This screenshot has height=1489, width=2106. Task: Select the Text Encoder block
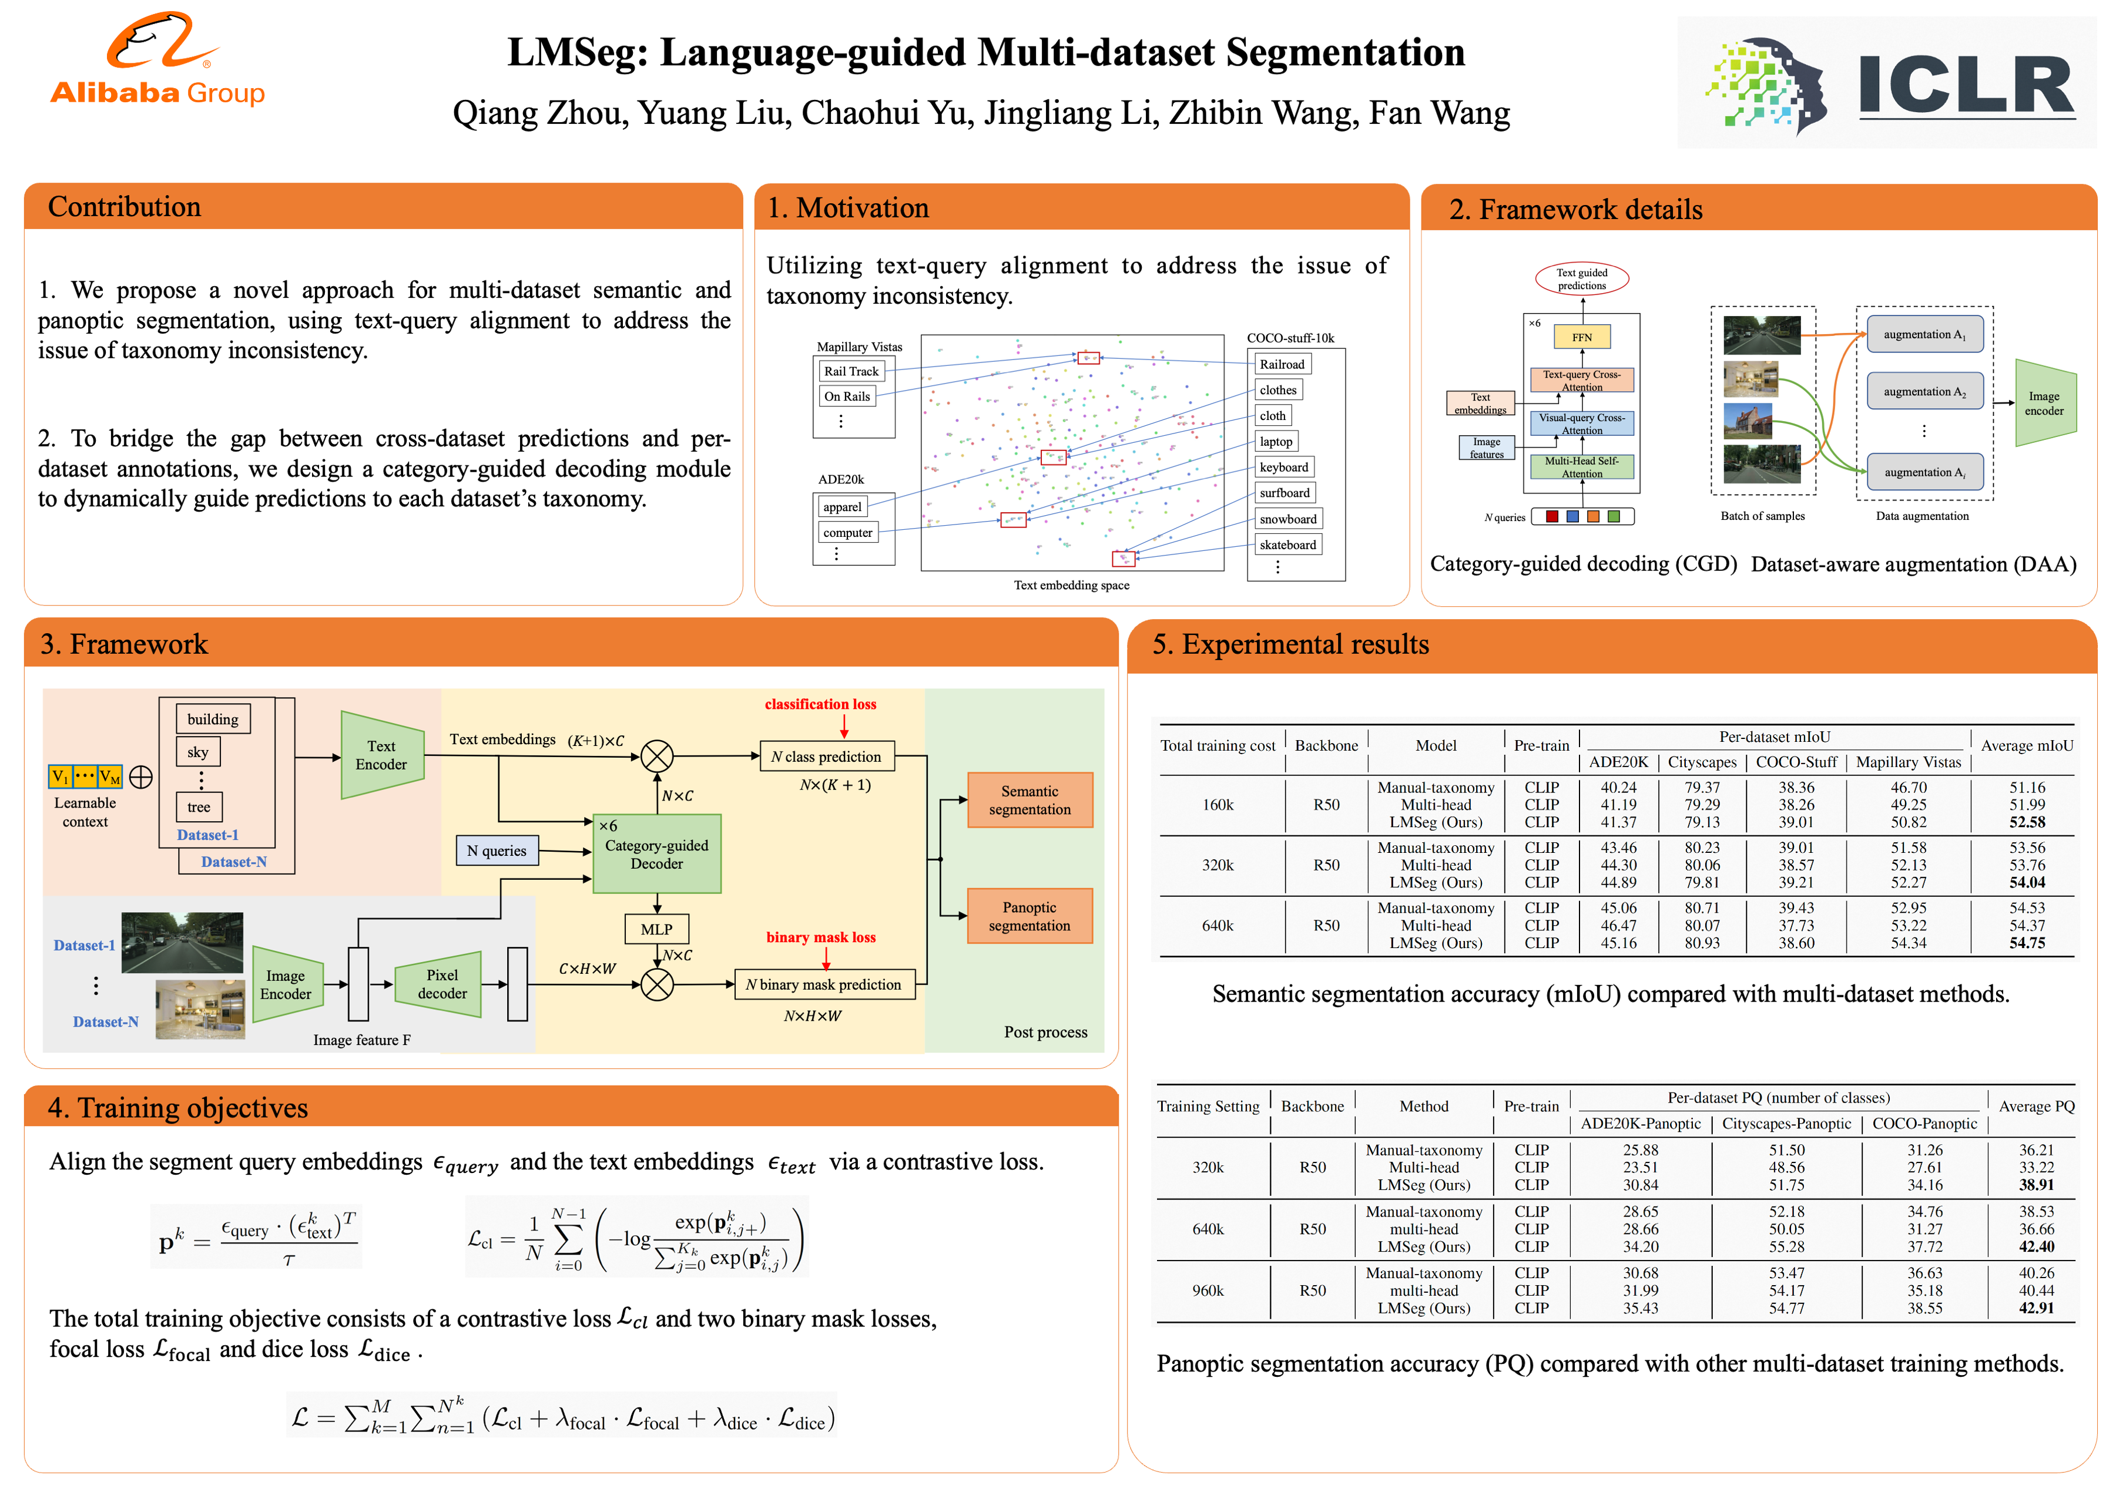381,755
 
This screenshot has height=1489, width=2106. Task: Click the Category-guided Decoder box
657,853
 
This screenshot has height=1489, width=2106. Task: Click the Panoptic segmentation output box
1029,916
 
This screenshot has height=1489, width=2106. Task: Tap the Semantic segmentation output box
1029,799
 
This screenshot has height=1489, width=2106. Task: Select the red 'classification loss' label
820,704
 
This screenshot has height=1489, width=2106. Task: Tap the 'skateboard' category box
1287,544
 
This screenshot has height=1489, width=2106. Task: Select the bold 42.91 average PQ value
2035,1308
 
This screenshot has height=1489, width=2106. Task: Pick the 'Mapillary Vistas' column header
1908,762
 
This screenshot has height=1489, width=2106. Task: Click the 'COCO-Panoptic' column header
1924,1123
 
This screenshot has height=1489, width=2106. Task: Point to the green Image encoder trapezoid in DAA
2044,404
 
